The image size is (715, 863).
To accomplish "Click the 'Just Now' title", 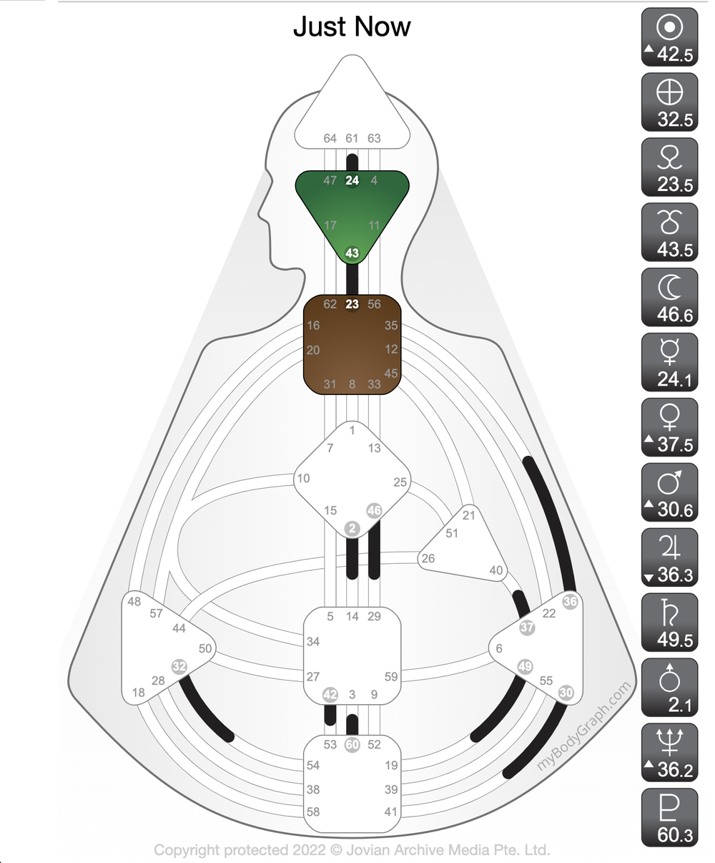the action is point(352,27).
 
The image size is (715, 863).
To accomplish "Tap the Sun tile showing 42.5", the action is point(669,36).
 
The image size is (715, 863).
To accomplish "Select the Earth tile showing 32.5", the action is point(669,102).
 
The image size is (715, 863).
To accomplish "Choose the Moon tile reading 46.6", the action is point(669,297).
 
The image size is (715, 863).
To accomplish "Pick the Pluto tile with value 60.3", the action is point(669,817).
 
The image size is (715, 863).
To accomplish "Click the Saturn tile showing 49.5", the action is point(669,623).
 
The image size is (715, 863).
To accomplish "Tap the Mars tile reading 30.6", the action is point(669,492).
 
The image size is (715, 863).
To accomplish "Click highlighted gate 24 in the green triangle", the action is point(352,180).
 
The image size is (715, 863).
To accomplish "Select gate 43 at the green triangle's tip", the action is point(352,253).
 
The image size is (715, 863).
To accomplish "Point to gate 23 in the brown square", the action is point(352,304).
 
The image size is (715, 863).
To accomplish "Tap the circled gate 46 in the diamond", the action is point(374,510).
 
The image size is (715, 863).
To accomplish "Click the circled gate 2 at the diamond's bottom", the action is point(352,528).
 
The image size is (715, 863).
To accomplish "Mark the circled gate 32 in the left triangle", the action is point(179,666).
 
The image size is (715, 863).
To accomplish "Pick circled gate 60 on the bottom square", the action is point(352,744).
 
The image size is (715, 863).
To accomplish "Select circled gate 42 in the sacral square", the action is point(330,694).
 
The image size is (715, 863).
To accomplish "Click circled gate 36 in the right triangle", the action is point(570,601).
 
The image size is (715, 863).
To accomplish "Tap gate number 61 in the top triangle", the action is point(352,138).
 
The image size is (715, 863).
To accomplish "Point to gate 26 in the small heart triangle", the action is point(428,558).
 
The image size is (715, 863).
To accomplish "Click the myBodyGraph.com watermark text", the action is point(583,726).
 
